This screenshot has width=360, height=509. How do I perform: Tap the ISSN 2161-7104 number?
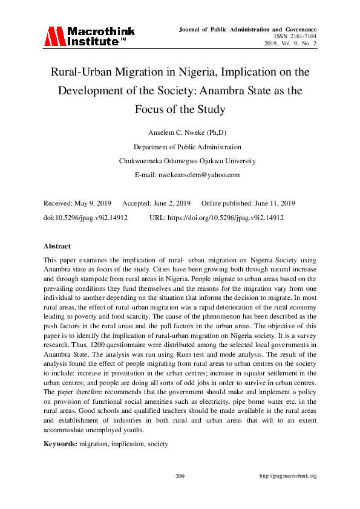coord(295,36)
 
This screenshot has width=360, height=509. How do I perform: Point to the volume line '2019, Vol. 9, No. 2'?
coord(290,44)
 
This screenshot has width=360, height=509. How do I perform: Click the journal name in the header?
coord(248,29)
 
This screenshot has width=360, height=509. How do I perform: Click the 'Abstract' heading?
coord(57,246)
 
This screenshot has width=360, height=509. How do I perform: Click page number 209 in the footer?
coord(180,476)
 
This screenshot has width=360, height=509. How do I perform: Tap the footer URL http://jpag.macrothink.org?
coord(287,476)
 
